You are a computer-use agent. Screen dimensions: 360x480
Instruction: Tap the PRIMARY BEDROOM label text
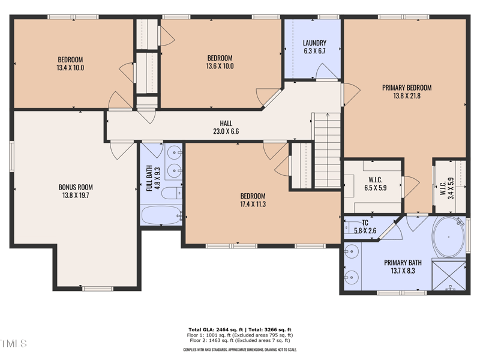tap(406, 88)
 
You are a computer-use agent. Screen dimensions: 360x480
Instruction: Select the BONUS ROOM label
tap(76, 187)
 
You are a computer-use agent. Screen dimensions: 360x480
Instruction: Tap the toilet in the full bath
tap(171, 193)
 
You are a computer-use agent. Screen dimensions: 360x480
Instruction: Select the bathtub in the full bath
tap(161, 215)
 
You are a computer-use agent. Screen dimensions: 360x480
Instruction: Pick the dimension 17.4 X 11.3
tap(253, 204)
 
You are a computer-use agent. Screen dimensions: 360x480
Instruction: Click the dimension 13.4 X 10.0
tap(70, 67)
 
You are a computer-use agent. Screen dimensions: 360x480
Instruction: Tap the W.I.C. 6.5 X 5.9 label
tap(376, 184)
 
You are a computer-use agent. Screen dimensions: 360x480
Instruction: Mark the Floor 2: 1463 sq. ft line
tap(239, 340)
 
